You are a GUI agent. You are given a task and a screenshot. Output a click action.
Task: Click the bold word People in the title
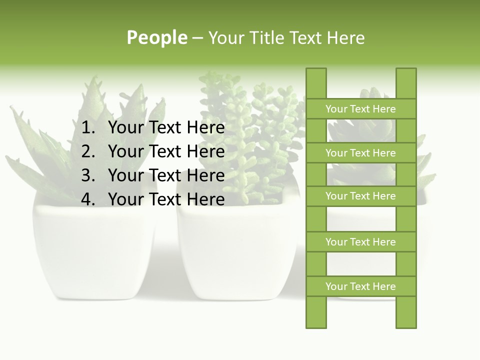157,37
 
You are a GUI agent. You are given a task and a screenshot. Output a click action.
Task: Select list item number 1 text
166,128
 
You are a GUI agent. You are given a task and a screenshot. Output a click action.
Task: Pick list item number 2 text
166,151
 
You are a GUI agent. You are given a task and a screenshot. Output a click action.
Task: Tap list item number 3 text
166,175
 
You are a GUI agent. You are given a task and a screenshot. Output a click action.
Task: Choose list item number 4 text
166,199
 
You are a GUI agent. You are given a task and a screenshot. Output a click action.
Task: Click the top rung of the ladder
360,109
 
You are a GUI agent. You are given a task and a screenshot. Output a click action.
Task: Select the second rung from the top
360,153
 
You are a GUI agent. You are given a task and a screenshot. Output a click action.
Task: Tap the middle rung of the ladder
360,196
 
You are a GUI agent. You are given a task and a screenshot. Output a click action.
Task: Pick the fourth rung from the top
360,242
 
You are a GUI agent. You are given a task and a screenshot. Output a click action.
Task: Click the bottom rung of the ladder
360,286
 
